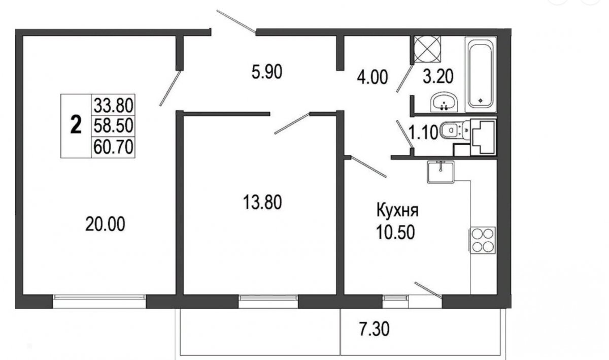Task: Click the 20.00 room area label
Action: coord(105,224)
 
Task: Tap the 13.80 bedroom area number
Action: coord(262,203)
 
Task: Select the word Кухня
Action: coord(397,211)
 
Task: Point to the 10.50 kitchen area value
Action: coord(395,232)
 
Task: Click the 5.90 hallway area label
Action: coord(267,72)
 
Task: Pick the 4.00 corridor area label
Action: coord(372,77)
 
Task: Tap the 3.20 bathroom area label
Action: coord(438,77)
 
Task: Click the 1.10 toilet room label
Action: coord(423,133)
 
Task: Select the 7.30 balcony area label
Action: coord(374,329)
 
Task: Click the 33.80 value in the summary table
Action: coord(113,106)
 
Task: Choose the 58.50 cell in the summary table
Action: coord(113,126)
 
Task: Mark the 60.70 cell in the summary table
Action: coord(113,146)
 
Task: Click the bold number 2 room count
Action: coord(76,124)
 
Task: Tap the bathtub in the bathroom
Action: coord(481,74)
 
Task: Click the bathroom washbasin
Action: coord(444,102)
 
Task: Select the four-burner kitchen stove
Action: coord(482,239)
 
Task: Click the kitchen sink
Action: coord(441,172)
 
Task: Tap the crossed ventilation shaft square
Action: coord(427,49)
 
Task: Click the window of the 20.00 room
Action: coord(99,298)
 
